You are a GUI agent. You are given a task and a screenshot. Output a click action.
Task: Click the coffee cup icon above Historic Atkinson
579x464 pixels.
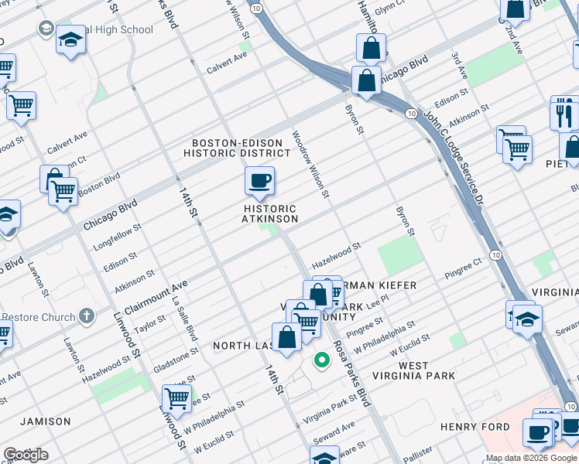260,182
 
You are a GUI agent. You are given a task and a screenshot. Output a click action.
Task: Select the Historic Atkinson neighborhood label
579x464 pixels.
270,214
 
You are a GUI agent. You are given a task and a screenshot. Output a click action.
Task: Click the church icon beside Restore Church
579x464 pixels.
87,317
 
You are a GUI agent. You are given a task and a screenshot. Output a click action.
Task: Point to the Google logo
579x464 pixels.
25,455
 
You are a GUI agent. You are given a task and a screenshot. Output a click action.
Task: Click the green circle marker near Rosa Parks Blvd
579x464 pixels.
320,360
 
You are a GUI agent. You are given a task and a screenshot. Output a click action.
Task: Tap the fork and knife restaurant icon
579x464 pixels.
564,114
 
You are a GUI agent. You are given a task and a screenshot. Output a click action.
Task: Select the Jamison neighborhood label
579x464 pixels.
46,421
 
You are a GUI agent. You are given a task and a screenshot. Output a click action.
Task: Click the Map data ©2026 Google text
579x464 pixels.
530,458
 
